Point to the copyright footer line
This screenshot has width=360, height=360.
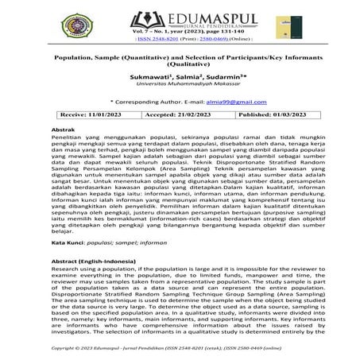click(x=180, y=348)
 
